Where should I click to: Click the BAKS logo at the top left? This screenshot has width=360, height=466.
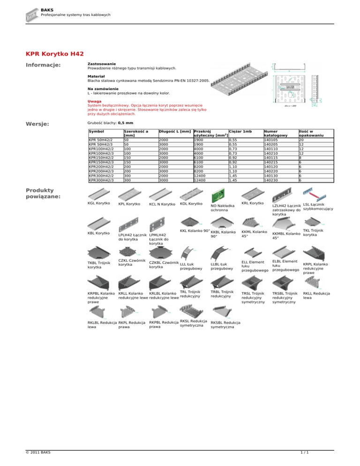(31, 14)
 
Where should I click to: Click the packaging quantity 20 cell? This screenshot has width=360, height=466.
(302, 139)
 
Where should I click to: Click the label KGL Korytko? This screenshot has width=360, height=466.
(99, 203)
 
